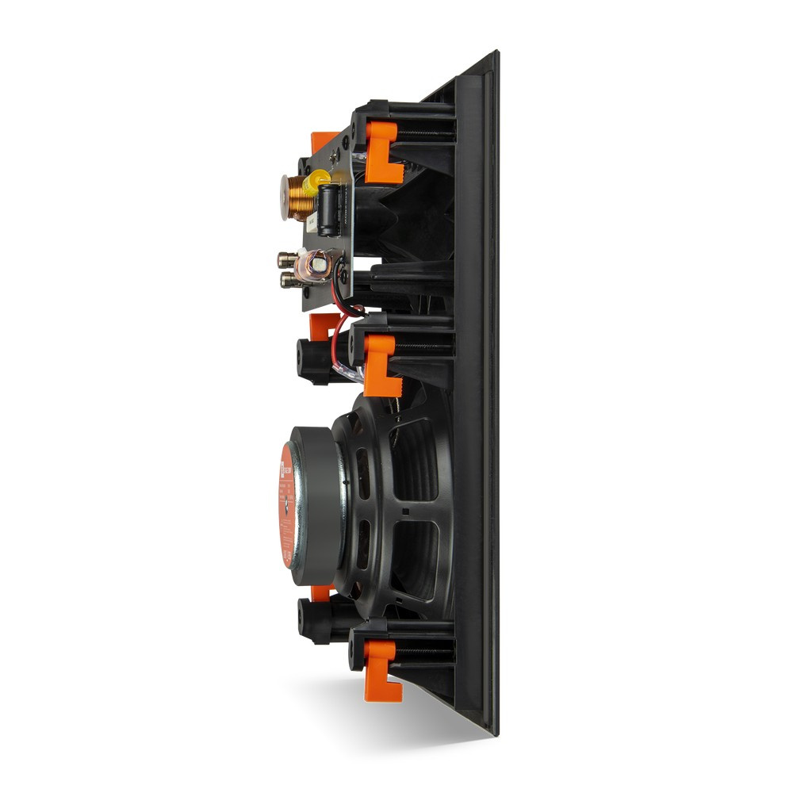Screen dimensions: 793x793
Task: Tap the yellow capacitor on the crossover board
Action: tap(316, 182)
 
